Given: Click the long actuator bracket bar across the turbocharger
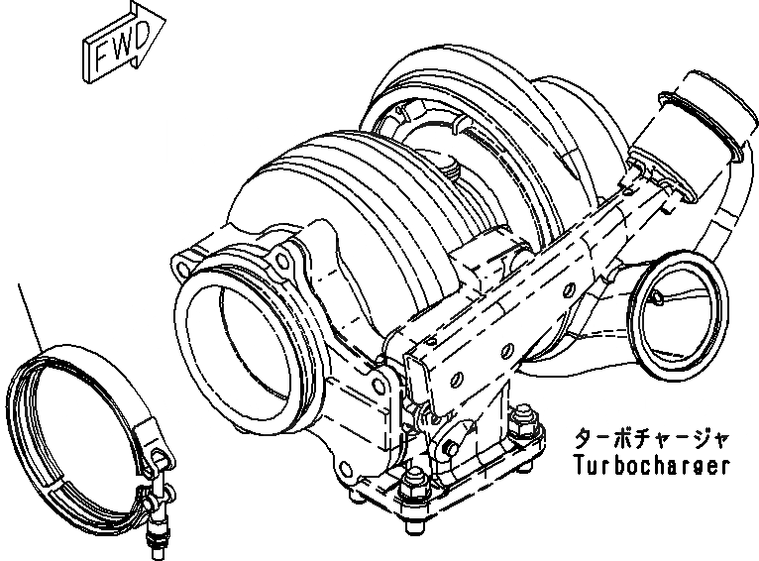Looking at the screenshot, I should pos(515,287).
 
